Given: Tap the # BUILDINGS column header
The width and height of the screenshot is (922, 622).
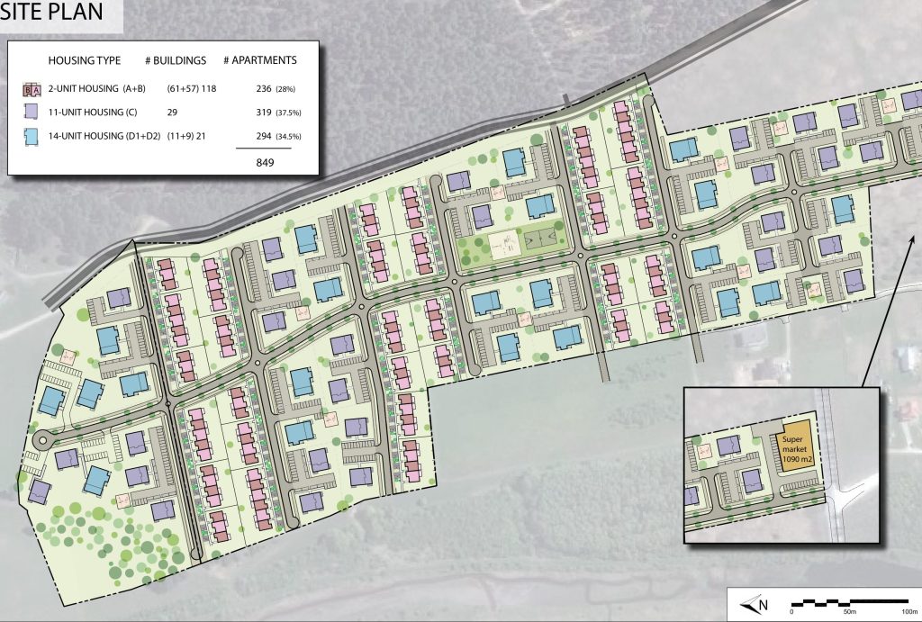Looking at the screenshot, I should point(175,60).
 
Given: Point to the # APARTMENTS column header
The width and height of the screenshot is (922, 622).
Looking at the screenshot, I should point(264,60).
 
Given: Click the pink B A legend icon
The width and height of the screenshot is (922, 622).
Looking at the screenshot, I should point(32,89).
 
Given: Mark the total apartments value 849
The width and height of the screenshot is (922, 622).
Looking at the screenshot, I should point(263,162).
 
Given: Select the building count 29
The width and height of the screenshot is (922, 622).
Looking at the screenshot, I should point(171,112).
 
